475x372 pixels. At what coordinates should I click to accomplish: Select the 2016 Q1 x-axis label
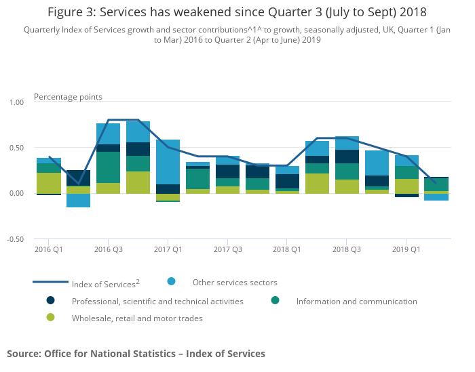[49, 250]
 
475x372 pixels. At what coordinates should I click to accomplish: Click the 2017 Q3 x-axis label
[228, 250]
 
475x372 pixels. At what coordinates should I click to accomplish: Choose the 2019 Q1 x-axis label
[406, 250]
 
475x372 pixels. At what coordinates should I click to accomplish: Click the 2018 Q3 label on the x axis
[347, 250]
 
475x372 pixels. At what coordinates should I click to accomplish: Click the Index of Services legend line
[50, 282]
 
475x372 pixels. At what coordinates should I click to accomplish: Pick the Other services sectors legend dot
[172, 281]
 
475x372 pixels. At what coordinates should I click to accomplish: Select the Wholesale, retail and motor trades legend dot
[51, 317]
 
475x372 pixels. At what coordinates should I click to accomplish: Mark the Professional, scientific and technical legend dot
[51, 300]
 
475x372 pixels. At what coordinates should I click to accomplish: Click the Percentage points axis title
[68, 97]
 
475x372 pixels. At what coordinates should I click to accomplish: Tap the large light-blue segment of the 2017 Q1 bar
[168, 162]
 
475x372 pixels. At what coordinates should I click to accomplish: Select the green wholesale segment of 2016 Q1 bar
[49, 183]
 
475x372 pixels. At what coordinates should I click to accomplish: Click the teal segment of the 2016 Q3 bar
[109, 167]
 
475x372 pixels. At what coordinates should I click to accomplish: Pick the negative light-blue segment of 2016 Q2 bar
[79, 201]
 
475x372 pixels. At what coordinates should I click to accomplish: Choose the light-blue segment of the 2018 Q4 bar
[377, 163]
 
